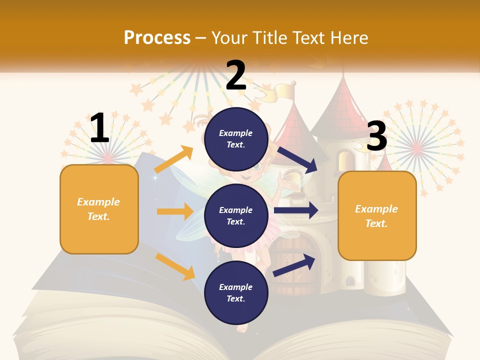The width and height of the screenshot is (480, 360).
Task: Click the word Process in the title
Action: [157, 37]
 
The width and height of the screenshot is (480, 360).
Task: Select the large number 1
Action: [99, 128]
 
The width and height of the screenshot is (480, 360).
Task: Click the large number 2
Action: [236, 75]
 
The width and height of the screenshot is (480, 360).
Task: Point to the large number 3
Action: [377, 136]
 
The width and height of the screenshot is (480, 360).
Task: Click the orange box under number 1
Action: [99, 209]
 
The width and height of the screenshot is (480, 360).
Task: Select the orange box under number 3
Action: [377, 215]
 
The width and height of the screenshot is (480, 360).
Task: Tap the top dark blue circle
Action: [236, 139]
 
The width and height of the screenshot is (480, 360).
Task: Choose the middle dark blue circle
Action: [236, 215]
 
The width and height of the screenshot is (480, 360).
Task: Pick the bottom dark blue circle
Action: [236, 292]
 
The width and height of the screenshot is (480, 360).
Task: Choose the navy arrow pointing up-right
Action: [294, 264]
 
